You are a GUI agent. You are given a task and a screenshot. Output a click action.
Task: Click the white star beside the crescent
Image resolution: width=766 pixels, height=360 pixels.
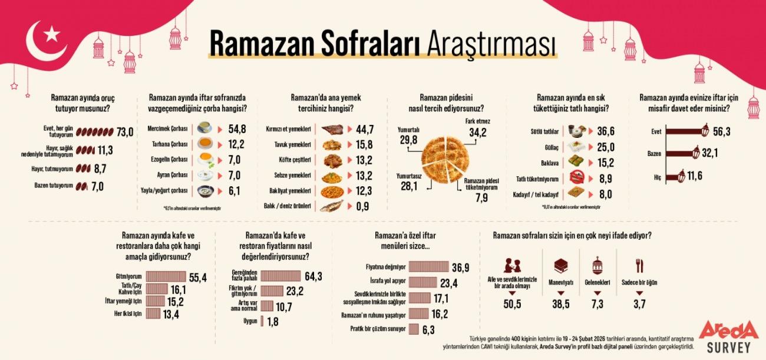click(52, 34)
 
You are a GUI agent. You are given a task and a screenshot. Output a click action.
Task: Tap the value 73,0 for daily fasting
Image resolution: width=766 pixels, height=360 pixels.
click(125, 131)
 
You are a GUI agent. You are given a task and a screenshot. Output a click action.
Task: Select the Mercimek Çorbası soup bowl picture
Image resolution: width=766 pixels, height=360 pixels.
click(204, 128)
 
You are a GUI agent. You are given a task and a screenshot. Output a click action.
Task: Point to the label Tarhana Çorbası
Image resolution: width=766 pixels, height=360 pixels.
click(171, 144)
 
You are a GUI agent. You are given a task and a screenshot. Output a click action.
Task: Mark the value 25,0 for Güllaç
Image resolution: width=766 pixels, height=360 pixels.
click(607, 147)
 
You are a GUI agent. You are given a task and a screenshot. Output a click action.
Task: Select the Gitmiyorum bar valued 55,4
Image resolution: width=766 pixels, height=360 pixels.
click(166, 276)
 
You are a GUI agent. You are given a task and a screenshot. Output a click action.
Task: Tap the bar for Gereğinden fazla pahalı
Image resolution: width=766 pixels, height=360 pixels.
click(280, 276)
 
